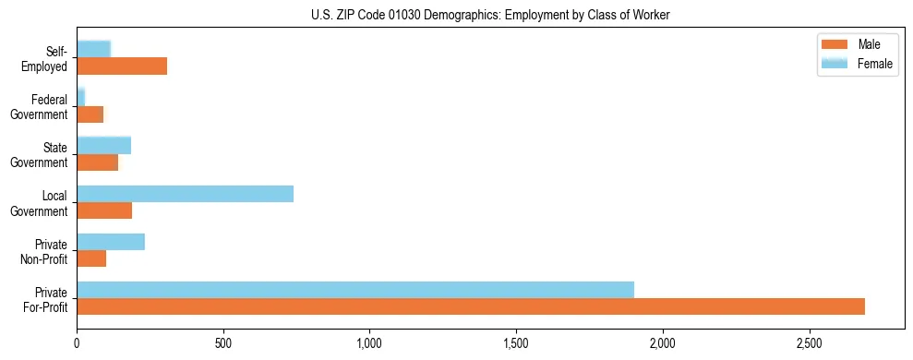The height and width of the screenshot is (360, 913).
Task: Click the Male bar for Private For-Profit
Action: pyautogui.click(x=471, y=306)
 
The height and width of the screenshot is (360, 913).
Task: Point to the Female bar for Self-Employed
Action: pyautogui.click(x=93, y=49)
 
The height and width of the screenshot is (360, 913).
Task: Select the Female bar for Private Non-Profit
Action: pyautogui.click(x=111, y=241)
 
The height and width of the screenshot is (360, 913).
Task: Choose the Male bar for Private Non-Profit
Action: pyautogui.click(x=91, y=258)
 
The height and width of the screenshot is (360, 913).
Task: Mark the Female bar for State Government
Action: pyautogui.click(x=103, y=145)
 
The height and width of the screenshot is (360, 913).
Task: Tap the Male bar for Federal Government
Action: pyautogui.click(x=90, y=114)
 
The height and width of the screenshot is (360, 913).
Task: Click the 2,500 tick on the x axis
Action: pyautogui.click(x=809, y=342)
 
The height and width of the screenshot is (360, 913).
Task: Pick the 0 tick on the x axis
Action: pyautogui.click(x=77, y=342)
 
